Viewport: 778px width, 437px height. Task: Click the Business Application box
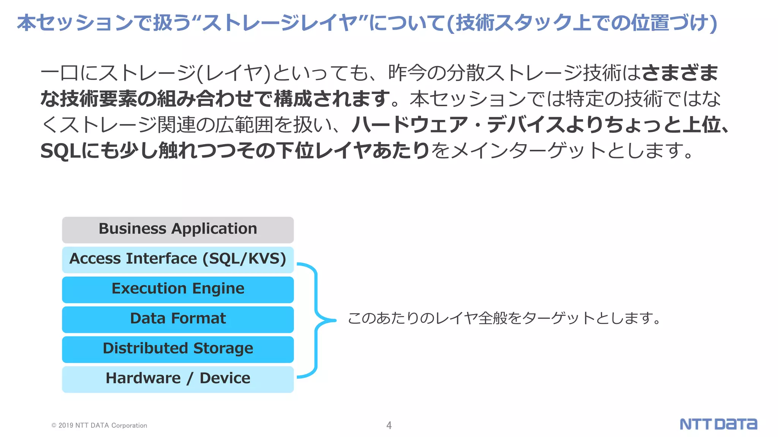point(178,230)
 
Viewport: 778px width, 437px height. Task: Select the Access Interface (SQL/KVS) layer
point(178,259)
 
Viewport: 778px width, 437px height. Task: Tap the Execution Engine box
point(178,289)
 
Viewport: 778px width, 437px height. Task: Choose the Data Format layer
point(178,319)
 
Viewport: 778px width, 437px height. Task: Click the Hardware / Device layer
point(178,379)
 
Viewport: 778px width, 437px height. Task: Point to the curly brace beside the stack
point(316,320)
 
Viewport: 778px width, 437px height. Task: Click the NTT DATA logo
point(718,424)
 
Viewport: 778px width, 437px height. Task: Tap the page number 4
point(389,425)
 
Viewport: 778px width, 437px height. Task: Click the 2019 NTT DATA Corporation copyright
point(99,426)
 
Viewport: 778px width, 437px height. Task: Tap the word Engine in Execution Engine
point(218,289)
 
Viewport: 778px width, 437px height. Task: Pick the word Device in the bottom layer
point(225,378)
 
